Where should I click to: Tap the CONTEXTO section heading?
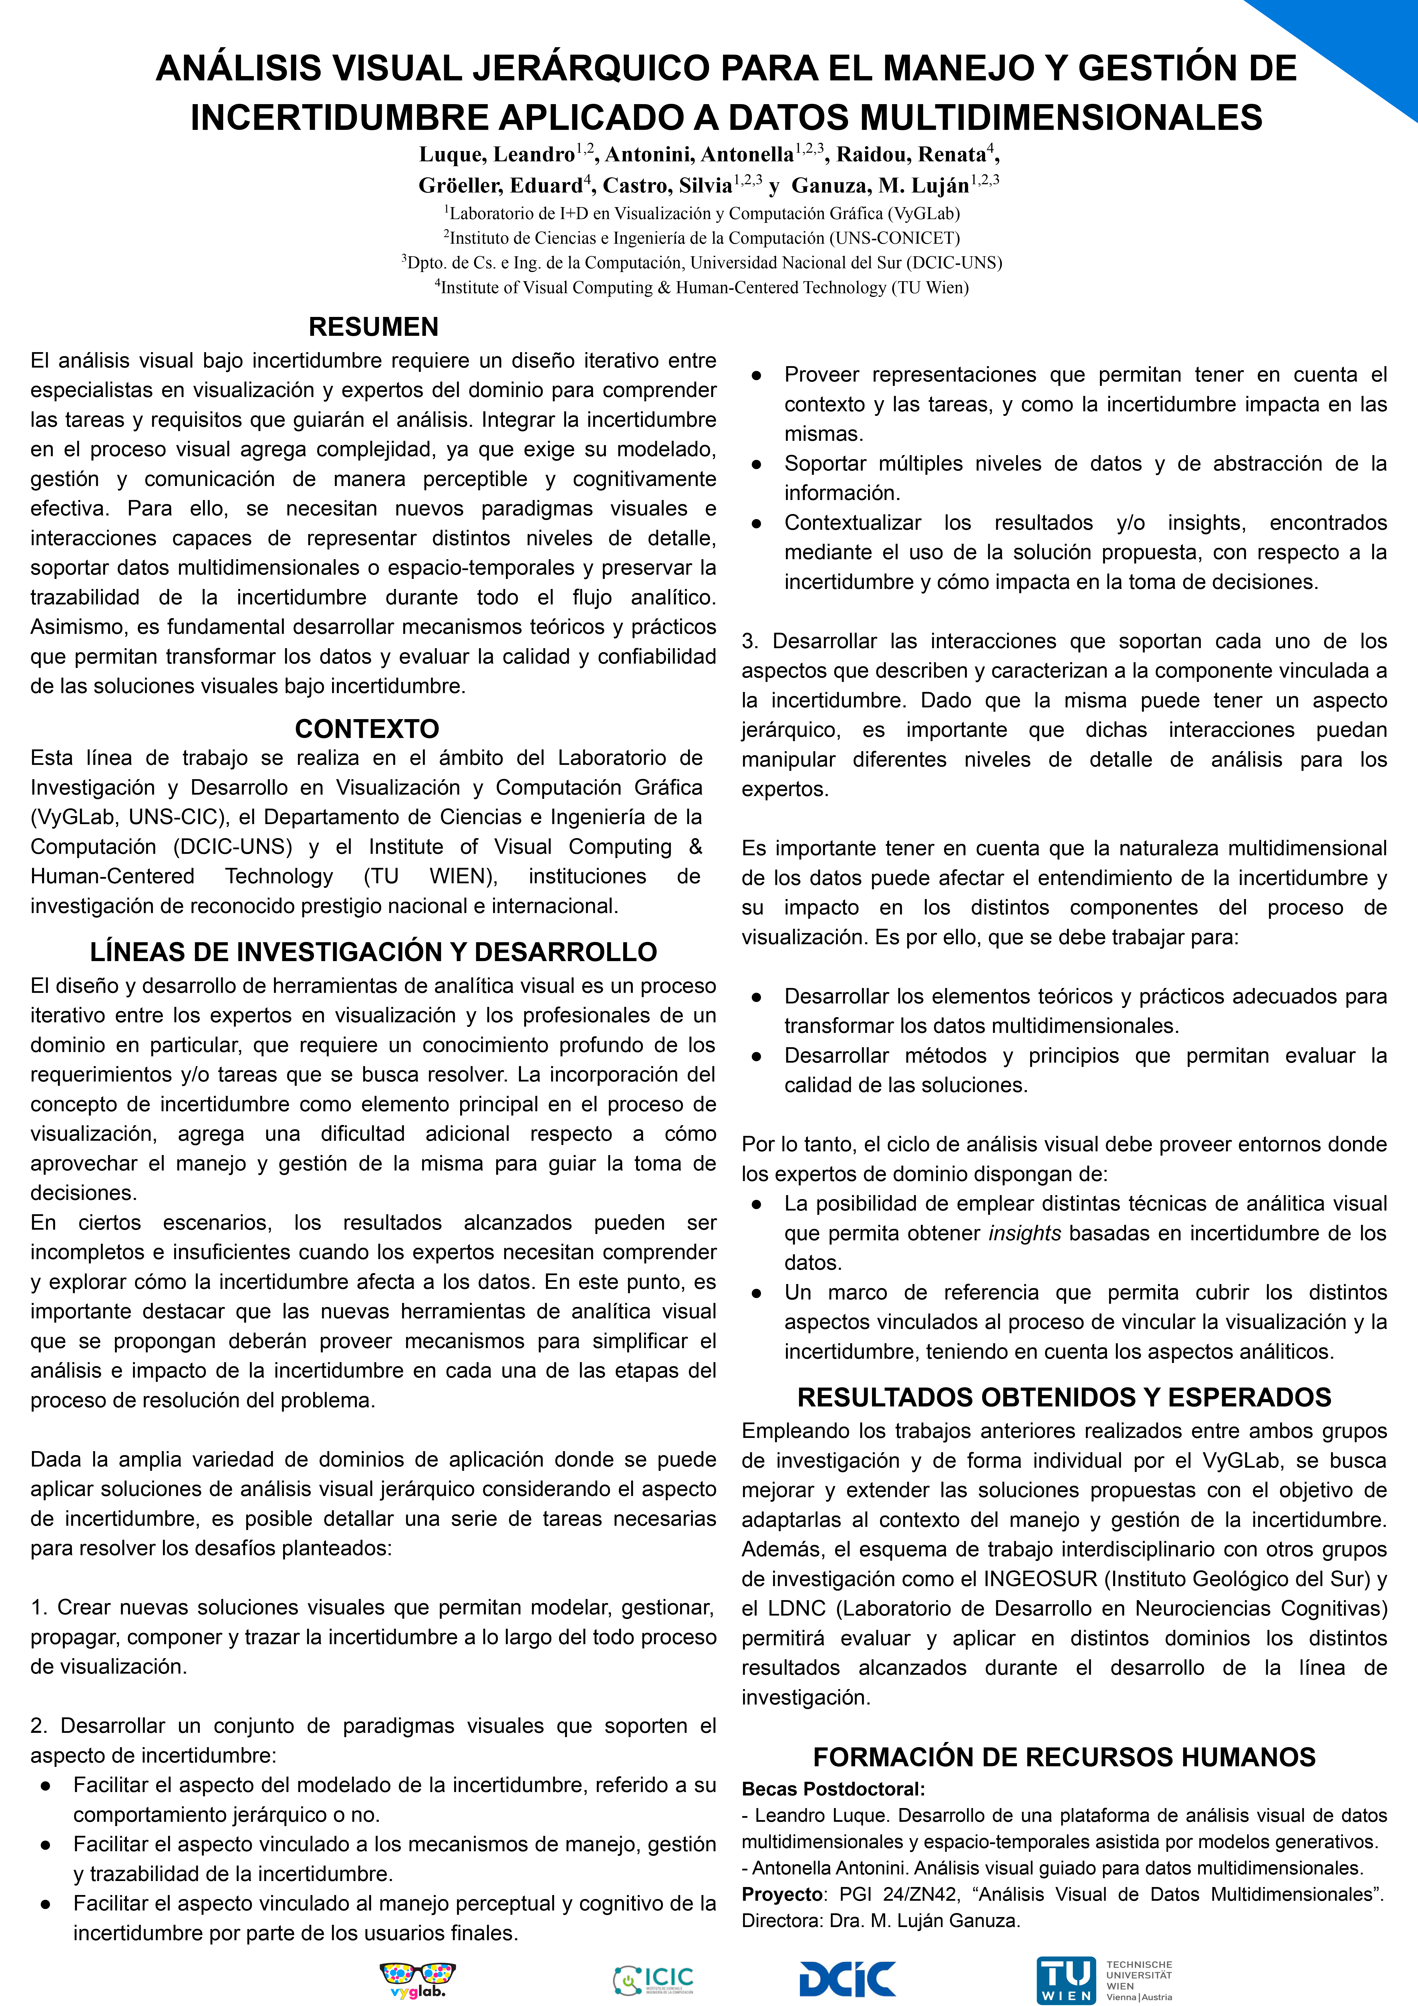[x=367, y=729]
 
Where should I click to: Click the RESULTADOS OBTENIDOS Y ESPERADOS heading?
[x=1064, y=1397]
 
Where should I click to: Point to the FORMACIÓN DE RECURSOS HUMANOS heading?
[x=1064, y=1757]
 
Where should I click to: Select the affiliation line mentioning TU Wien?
[x=702, y=287]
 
